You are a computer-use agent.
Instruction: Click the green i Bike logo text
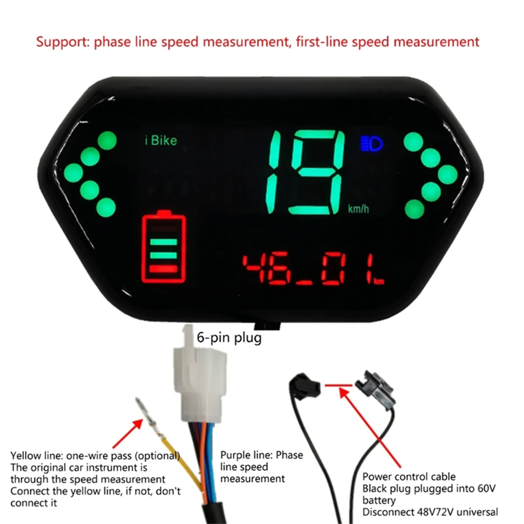pyautogui.click(x=161, y=141)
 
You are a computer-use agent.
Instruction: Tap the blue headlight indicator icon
pyautogui.click(x=371, y=143)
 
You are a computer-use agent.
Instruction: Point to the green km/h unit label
pyautogui.click(x=358, y=209)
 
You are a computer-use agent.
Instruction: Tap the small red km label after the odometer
pyautogui.click(x=379, y=282)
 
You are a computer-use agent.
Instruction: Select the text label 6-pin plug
pyautogui.click(x=229, y=338)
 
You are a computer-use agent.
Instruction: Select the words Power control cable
pyautogui.click(x=409, y=476)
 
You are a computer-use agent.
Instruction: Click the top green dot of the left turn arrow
pyautogui.click(x=107, y=141)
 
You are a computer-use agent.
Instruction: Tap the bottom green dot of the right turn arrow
pyautogui.click(x=414, y=210)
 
